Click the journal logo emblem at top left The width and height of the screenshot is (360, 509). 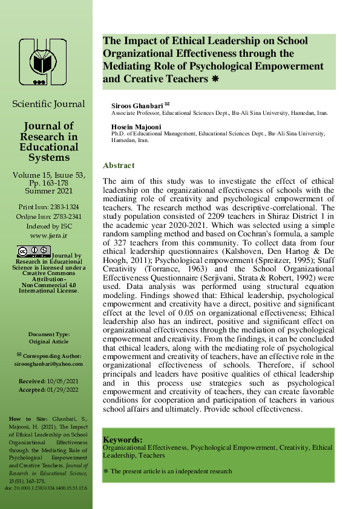tap(42, 62)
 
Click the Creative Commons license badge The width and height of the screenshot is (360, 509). tap(34, 251)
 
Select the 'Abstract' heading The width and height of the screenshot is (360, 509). tap(119, 166)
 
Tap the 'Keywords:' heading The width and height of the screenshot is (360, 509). tap(123, 439)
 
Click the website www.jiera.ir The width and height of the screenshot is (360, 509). tap(49, 235)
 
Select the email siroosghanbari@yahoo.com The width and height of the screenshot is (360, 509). tap(48, 363)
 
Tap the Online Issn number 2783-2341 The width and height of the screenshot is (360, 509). tap(66, 216)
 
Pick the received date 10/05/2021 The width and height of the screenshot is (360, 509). tap(61, 381)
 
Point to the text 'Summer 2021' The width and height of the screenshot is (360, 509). tap(49, 190)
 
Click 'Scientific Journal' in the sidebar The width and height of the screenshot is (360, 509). tap(49, 104)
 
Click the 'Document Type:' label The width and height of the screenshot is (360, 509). tap(49, 334)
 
